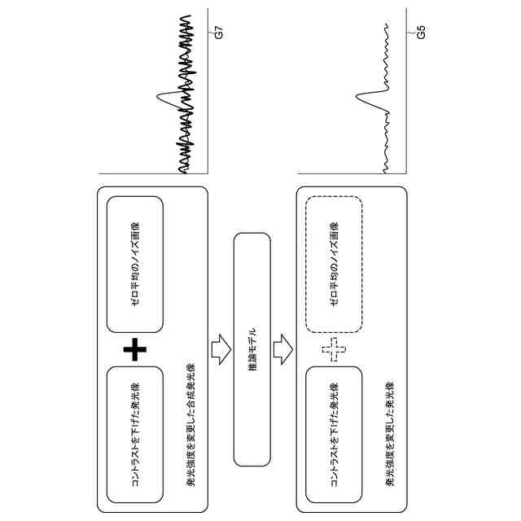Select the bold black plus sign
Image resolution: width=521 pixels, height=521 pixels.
point(135,351)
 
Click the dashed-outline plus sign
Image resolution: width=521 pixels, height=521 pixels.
point(334,352)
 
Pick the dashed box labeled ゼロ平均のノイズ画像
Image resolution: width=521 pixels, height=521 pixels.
point(334,265)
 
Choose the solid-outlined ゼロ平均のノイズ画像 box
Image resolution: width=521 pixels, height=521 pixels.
point(135,265)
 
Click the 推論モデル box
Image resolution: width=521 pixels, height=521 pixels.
point(252,349)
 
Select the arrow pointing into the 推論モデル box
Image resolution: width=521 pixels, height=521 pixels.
point(220,349)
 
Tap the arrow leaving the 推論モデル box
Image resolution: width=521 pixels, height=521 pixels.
point(282,349)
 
